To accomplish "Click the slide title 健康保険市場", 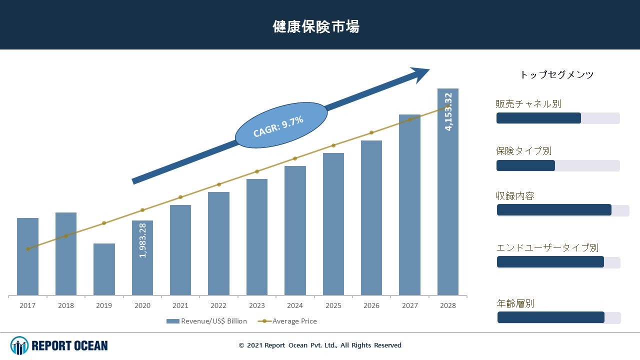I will pos(316,26).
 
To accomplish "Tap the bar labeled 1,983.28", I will pos(142,257).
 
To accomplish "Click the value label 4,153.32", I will pos(448,111).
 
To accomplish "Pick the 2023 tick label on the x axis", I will pos(257,305).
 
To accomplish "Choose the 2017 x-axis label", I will pos(27,305).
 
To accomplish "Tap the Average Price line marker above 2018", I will pos(66,236).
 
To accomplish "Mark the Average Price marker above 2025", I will pos(333,145).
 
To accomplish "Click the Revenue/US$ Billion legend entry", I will pos(206,321).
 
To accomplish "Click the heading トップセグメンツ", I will pos(557,75).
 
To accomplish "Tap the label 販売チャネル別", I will pos(528,104).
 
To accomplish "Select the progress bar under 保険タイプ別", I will pos(557,165).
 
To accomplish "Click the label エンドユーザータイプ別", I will pos(547,247).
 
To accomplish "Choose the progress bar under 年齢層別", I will pos(558,317).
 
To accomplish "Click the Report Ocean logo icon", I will pos(19,345).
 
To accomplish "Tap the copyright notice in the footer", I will pos(320,345).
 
